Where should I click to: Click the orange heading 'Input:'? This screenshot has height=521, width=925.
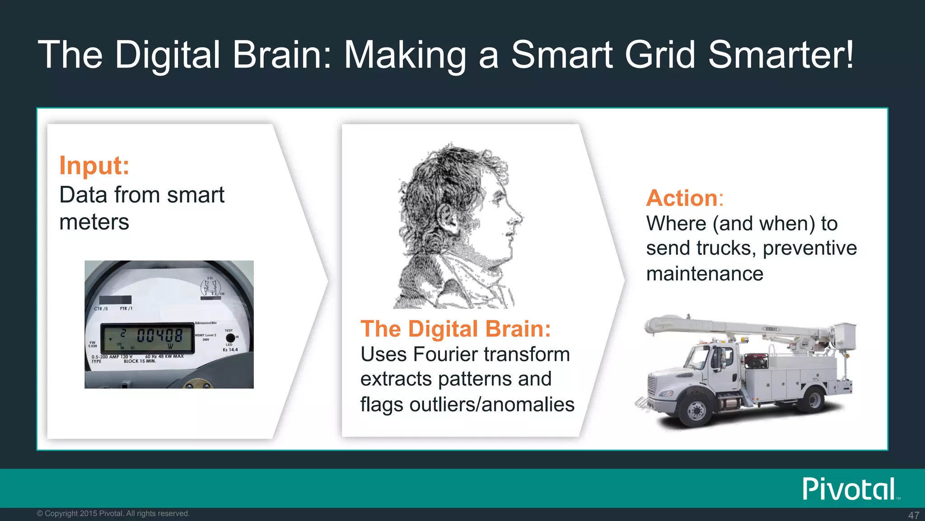94,166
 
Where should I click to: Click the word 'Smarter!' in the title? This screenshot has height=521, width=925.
781,55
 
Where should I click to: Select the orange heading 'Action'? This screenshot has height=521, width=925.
682,198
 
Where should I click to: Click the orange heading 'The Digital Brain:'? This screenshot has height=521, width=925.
455,329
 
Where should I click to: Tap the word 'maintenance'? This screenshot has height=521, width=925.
705,274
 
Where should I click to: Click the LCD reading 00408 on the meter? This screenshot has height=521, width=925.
160,336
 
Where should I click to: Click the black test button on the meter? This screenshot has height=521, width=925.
230,338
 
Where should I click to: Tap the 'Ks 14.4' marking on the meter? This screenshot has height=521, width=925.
230,350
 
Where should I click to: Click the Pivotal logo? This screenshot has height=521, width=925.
849,489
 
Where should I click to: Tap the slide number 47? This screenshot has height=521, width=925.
913,515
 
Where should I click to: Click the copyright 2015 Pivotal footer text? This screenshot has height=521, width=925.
113,513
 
